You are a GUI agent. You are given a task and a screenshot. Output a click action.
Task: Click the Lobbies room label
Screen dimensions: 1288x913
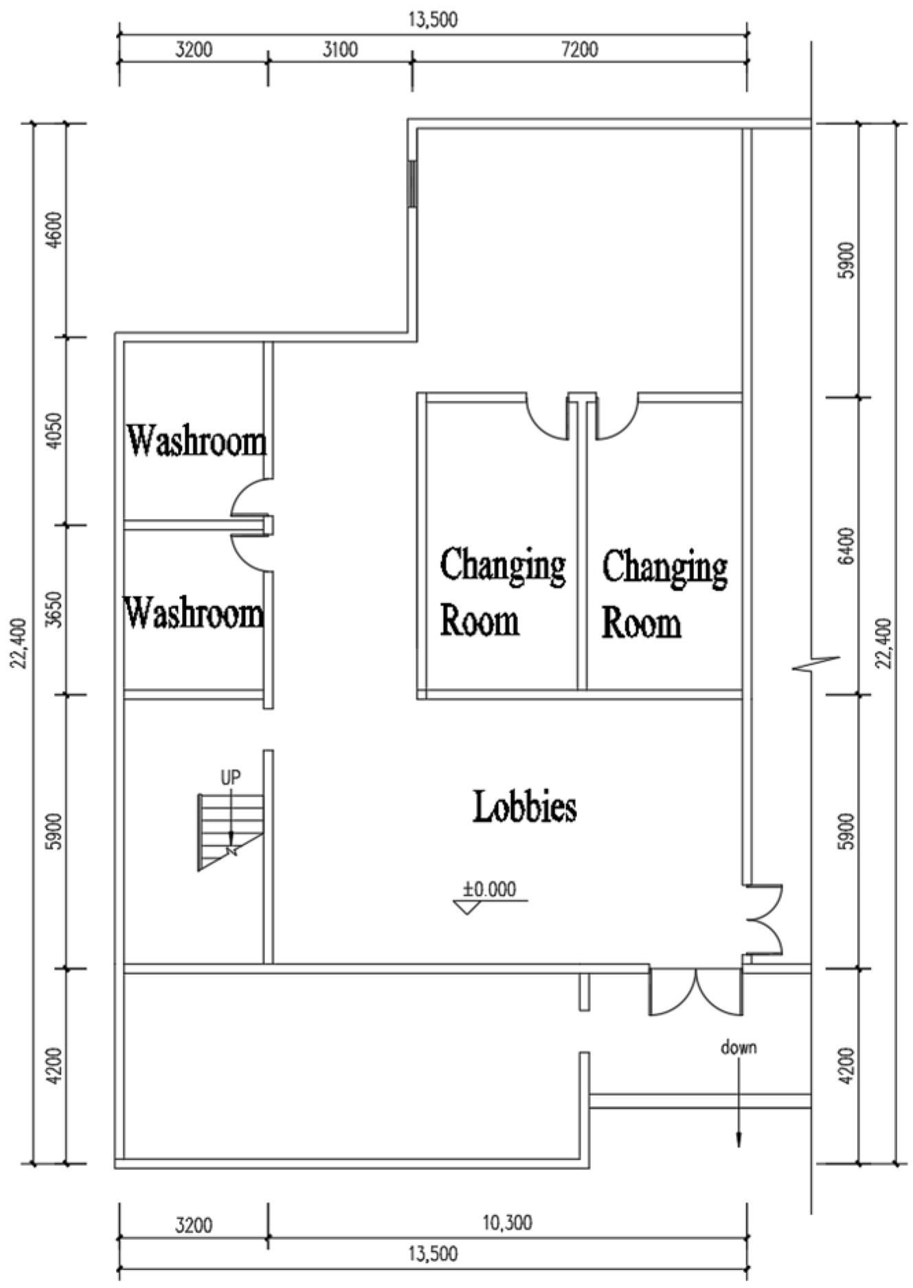[525, 807]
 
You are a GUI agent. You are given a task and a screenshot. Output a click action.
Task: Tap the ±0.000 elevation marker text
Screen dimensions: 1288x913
[489, 889]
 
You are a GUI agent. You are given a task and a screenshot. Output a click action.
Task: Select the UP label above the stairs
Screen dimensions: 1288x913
[231, 777]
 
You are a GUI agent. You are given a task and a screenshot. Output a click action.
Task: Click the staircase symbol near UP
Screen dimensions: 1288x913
[231, 832]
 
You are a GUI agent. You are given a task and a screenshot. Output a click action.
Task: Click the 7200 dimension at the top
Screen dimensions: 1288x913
[579, 49]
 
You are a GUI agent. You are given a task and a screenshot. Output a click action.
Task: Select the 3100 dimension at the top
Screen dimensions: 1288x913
[340, 49]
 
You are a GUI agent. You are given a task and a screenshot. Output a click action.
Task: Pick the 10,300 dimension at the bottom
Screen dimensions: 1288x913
[507, 1222]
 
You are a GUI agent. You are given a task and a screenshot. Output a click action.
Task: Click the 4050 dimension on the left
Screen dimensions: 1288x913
[56, 431]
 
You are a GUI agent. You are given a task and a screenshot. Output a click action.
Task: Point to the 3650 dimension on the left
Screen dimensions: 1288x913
[56, 610]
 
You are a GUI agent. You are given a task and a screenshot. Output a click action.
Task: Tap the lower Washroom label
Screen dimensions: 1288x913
[194, 612]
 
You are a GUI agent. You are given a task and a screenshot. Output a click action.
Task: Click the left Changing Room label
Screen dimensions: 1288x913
[501, 591]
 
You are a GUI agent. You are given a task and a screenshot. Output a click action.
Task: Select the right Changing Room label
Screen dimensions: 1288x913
[664, 592]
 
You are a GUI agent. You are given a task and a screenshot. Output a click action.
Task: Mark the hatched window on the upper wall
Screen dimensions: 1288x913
[412, 183]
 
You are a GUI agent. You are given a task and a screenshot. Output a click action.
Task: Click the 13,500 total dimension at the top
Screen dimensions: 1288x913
[433, 20]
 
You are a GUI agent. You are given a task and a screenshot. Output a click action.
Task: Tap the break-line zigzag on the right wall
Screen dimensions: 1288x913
[815, 663]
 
